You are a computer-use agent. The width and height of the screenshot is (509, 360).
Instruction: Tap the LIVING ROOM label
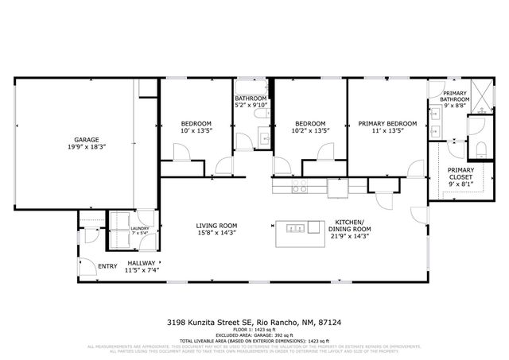217,226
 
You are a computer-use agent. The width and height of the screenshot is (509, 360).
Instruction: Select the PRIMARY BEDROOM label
387,123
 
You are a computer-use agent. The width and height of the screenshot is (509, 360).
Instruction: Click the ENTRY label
107,266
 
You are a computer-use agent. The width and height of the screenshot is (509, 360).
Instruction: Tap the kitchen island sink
295,229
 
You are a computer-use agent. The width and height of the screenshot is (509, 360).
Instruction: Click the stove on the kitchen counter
301,187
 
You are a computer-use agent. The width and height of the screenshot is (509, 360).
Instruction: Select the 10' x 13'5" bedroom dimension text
196,131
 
